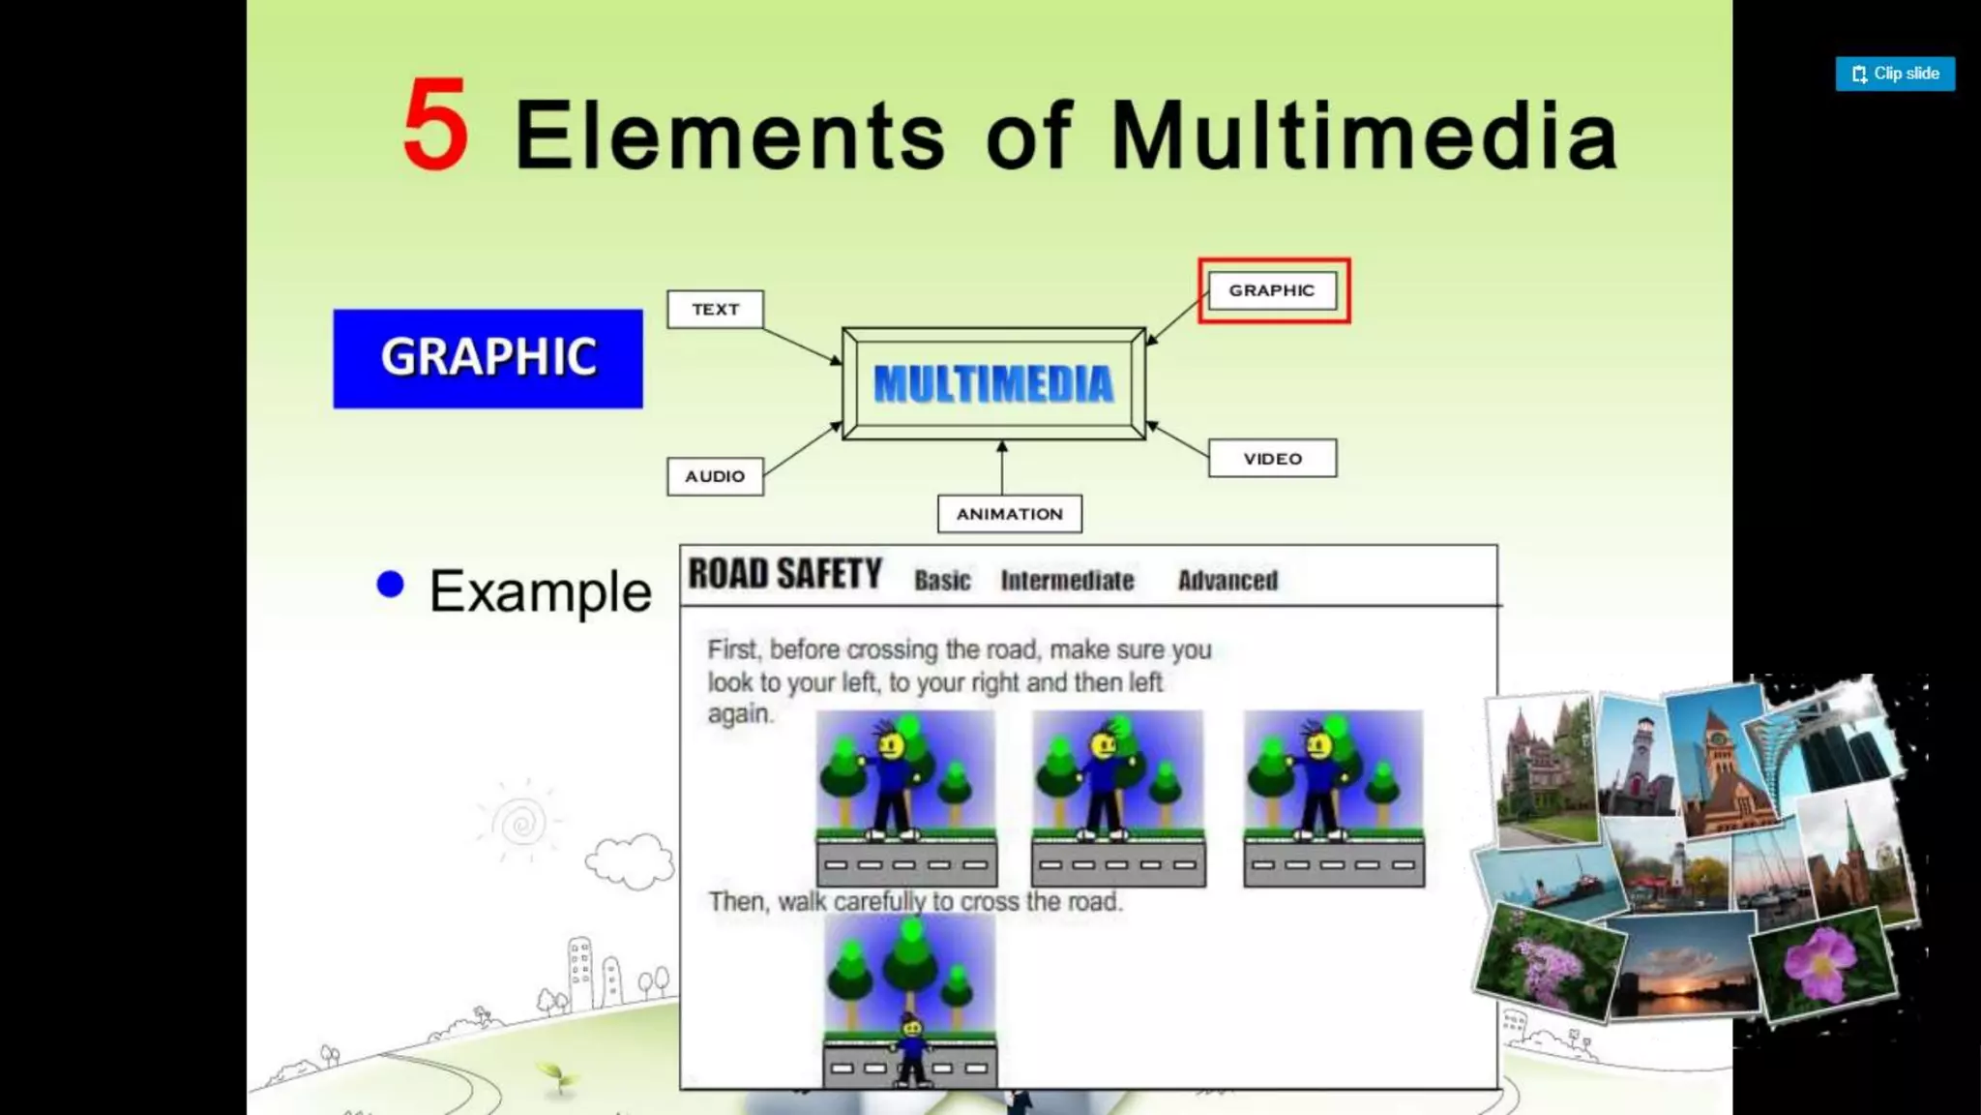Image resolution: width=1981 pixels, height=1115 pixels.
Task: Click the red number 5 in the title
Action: pyautogui.click(x=436, y=126)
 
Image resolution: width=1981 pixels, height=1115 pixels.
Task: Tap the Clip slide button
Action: pyautogui.click(x=1894, y=74)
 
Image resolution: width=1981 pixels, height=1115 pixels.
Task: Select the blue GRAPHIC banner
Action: pyautogui.click(x=488, y=358)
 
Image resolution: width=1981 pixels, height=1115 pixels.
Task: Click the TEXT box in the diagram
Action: pyautogui.click(x=715, y=310)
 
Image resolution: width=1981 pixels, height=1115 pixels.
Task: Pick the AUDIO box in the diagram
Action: pyautogui.click(x=715, y=476)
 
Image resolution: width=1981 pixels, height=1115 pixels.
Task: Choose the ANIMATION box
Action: pyautogui.click(x=1009, y=514)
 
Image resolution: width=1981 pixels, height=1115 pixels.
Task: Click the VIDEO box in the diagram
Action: pyautogui.click(x=1272, y=459)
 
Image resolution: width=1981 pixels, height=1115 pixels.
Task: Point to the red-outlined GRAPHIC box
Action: pyautogui.click(x=1273, y=290)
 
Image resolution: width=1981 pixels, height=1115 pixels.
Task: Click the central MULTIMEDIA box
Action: pyautogui.click(x=993, y=384)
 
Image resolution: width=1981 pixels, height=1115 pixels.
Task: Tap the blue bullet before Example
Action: pyautogui.click(x=390, y=585)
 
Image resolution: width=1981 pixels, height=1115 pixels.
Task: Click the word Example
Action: pyautogui.click(x=540, y=591)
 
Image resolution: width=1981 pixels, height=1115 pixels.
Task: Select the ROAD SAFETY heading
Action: pyautogui.click(x=784, y=575)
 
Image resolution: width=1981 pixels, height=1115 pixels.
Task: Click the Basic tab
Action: pyautogui.click(x=942, y=581)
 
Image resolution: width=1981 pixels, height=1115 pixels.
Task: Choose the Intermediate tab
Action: pyautogui.click(x=1067, y=581)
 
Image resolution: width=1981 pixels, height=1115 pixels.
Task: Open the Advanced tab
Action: pyautogui.click(x=1227, y=581)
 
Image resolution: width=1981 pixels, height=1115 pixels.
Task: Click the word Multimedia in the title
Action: pyautogui.click(x=1364, y=136)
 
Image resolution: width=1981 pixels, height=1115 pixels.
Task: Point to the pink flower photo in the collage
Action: pyautogui.click(x=1822, y=963)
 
